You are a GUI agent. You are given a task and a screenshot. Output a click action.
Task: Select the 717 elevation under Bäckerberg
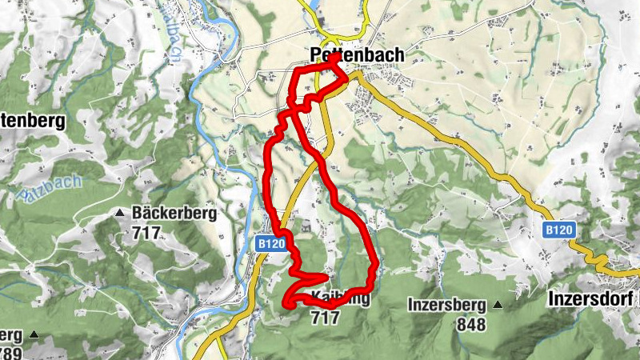(x=146, y=234)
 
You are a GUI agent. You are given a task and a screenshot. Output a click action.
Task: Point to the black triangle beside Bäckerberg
(x=119, y=214)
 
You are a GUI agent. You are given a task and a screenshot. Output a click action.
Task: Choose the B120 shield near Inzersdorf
(x=559, y=230)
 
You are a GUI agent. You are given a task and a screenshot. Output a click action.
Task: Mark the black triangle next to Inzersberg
(x=498, y=305)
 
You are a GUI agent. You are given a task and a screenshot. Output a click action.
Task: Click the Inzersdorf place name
(x=592, y=298)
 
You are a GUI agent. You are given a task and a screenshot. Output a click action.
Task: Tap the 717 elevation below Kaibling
(x=324, y=318)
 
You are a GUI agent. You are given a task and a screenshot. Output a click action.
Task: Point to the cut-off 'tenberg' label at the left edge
(x=31, y=121)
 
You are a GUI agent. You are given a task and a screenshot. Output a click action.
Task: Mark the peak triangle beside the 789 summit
(x=34, y=334)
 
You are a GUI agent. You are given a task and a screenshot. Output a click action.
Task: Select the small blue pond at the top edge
(x=311, y=4)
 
